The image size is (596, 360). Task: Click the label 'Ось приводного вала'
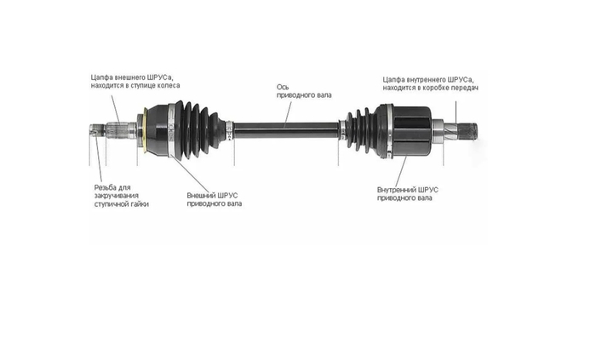click(304, 91)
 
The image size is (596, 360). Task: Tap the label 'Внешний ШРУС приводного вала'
click(215, 199)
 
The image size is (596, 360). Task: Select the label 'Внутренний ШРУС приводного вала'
click(408, 194)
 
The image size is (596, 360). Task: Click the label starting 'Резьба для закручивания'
click(121, 196)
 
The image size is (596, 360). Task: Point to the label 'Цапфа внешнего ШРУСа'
click(135, 81)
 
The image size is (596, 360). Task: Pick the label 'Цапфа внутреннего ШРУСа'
click(430, 83)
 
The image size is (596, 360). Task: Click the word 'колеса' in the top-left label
click(169, 86)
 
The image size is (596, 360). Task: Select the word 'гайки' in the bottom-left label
click(139, 204)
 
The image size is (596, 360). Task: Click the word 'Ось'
click(283, 87)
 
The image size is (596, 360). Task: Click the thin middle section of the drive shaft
click(286, 130)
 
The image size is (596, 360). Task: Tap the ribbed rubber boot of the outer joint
click(199, 129)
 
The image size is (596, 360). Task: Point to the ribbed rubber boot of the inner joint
click(361, 130)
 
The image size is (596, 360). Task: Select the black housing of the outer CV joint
click(158, 130)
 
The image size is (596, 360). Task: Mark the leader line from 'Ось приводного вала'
click(288, 115)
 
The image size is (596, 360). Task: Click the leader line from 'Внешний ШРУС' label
click(190, 174)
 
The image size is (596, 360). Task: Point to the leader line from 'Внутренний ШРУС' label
click(401, 172)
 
